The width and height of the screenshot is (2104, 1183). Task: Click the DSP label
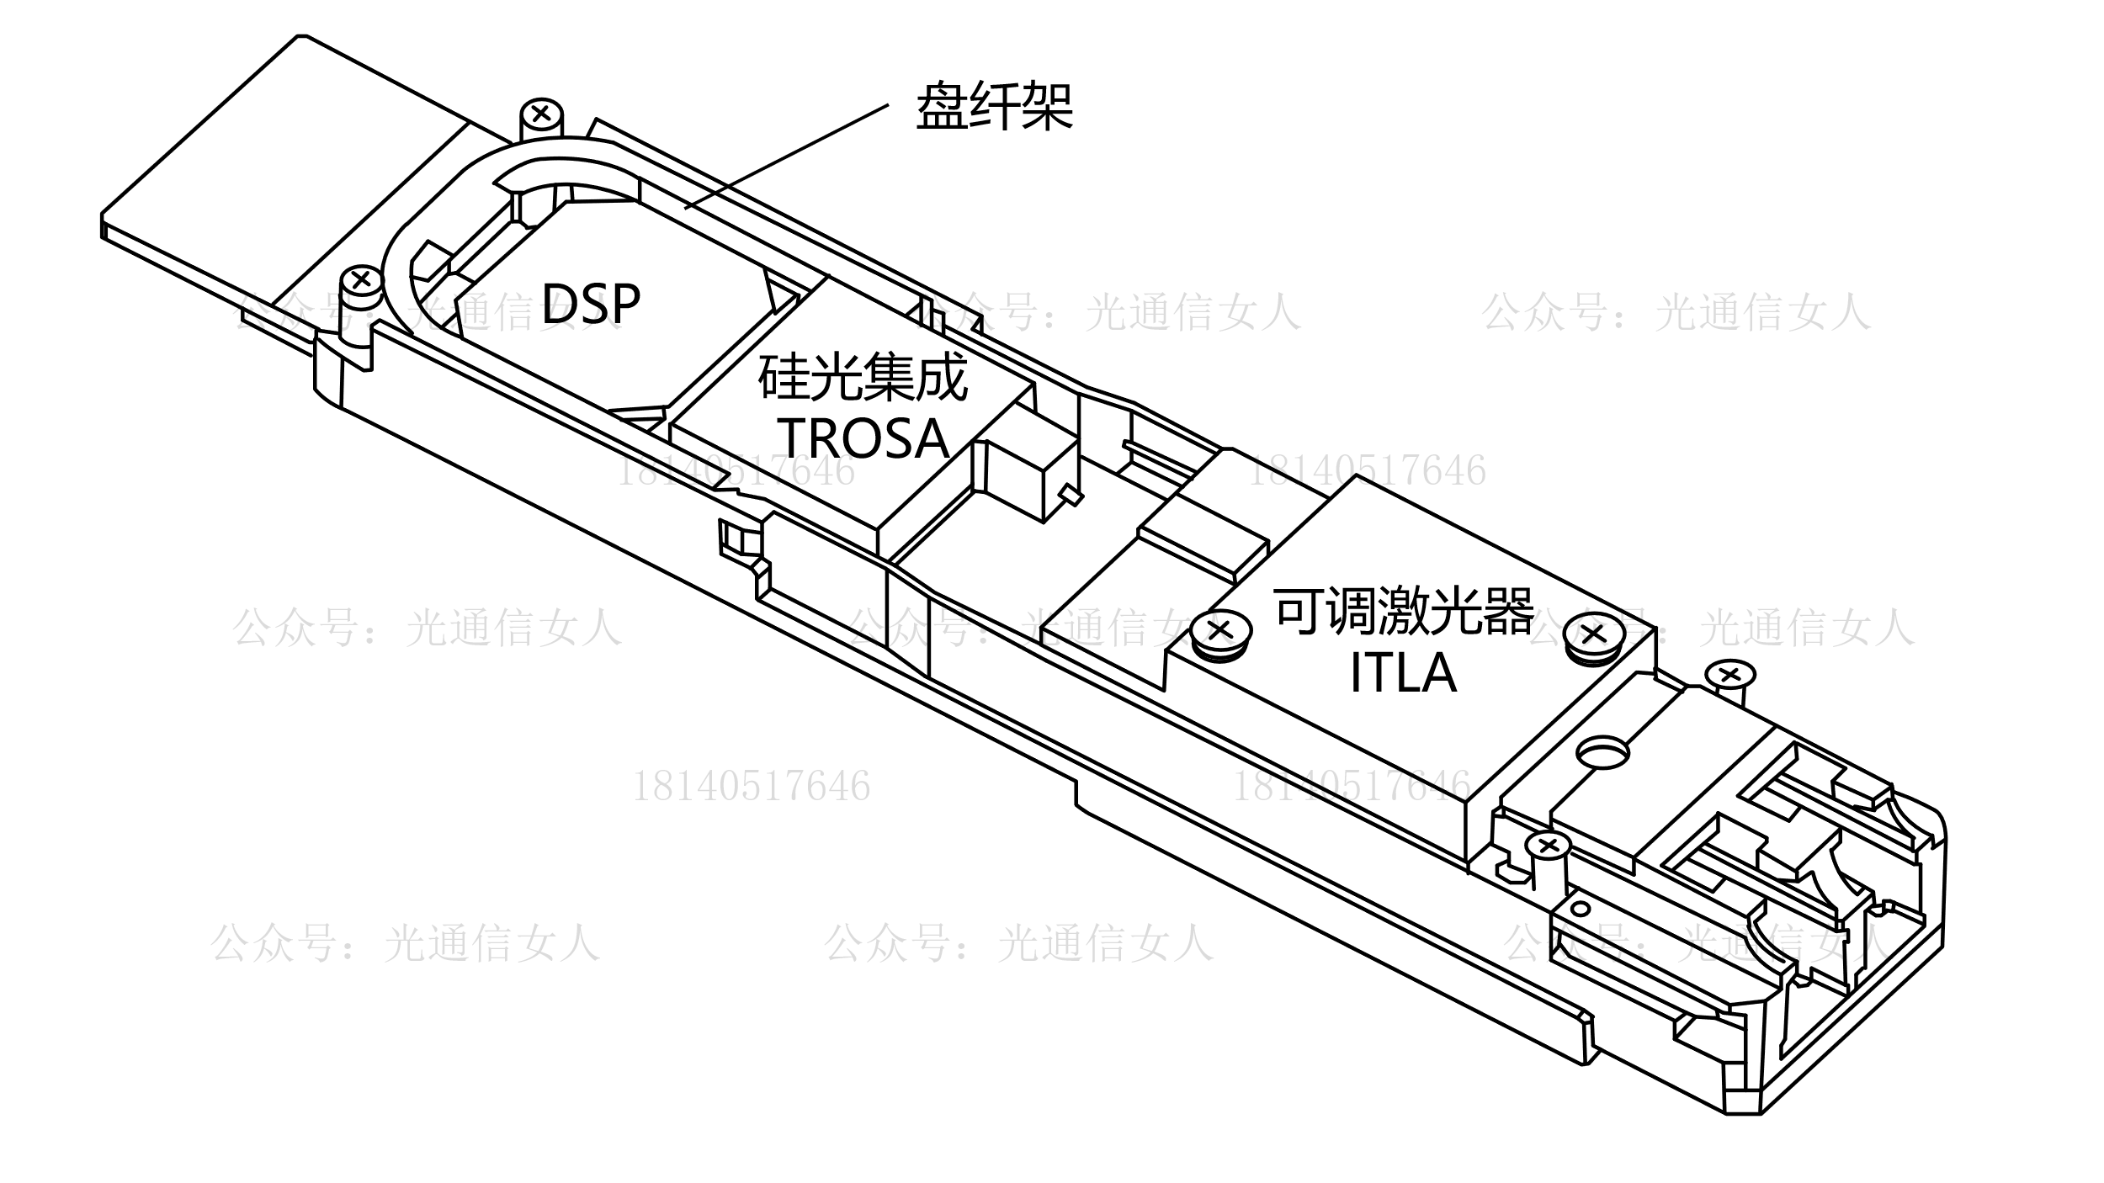(590, 304)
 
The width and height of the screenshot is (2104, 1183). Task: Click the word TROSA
(863, 438)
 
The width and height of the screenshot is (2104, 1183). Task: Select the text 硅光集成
(863, 378)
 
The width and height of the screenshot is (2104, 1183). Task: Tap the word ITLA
(1403, 672)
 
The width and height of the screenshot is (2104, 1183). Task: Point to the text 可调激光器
(1404, 611)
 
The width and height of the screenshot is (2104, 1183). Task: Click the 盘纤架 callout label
(994, 107)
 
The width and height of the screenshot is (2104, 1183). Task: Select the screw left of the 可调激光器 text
(1222, 630)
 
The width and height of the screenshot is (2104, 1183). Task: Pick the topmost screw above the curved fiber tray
(541, 112)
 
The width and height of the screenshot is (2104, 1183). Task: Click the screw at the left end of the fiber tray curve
(363, 279)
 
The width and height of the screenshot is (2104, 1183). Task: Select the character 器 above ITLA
(1508, 611)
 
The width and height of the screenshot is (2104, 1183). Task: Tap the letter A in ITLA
(1437, 672)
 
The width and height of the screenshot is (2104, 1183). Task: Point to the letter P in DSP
(624, 304)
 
